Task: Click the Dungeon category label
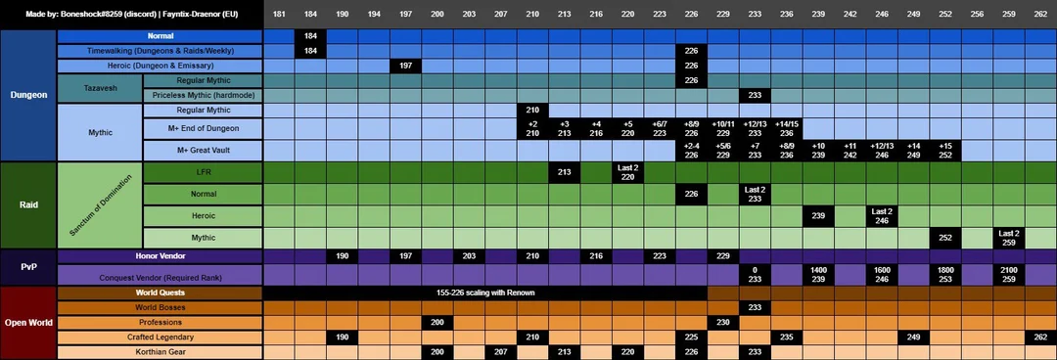coord(27,95)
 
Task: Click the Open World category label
coord(27,323)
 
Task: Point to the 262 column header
coord(1039,15)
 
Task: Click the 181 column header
coord(279,15)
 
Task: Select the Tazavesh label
coord(100,88)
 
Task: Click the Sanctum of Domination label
coord(100,205)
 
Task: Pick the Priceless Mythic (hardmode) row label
coord(204,95)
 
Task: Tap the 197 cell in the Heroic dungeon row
coord(405,66)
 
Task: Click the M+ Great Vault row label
coord(204,150)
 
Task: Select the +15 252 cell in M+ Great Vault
coord(944,150)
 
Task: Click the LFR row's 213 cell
coord(564,172)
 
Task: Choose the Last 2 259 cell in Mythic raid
coord(1008,238)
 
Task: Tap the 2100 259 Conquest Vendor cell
coord(1008,275)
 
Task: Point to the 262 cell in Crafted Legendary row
coord(1039,337)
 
